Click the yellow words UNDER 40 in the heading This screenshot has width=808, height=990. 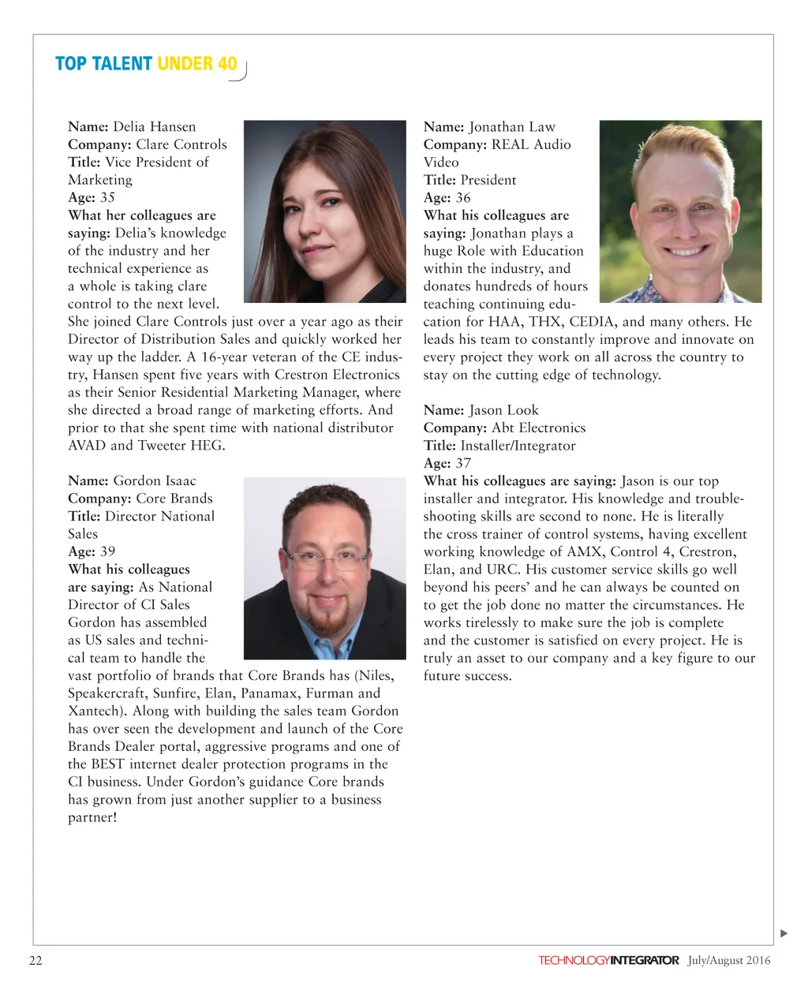[x=196, y=64]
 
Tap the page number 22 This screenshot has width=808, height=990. [x=36, y=960]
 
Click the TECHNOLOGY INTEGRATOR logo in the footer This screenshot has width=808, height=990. [x=608, y=960]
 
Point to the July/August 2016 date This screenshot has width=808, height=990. [x=728, y=960]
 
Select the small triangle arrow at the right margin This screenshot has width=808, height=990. [x=784, y=934]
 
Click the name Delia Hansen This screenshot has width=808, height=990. [x=154, y=127]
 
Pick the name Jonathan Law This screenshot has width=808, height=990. [x=512, y=127]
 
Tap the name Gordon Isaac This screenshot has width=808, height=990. [x=155, y=481]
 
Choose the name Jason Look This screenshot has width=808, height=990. [x=503, y=410]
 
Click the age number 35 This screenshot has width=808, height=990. [x=107, y=198]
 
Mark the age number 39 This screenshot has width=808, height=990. [x=107, y=551]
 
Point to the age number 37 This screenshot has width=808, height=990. [x=463, y=464]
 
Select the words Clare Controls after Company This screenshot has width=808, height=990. [x=181, y=145]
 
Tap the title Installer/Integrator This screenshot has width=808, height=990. [x=518, y=446]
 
